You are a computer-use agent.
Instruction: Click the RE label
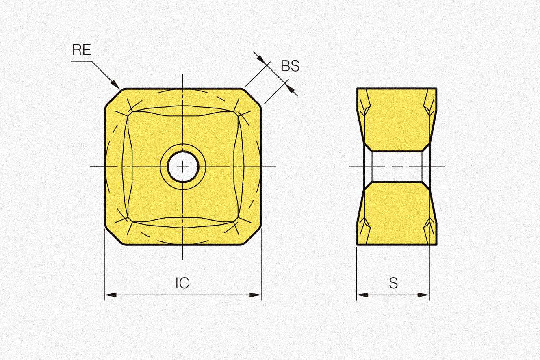click(82, 50)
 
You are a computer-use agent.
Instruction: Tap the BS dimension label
click(290, 65)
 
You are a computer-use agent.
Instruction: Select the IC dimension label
click(182, 283)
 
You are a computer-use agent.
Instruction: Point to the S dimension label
click(393, 283)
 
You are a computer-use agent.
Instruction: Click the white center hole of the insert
click(183, 167)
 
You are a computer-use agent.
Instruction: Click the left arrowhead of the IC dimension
click(111, 295)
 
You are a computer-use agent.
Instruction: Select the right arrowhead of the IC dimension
click(256, 295)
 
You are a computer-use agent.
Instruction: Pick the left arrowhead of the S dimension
click(362, 295)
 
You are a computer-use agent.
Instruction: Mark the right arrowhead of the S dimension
click(423, 295)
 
